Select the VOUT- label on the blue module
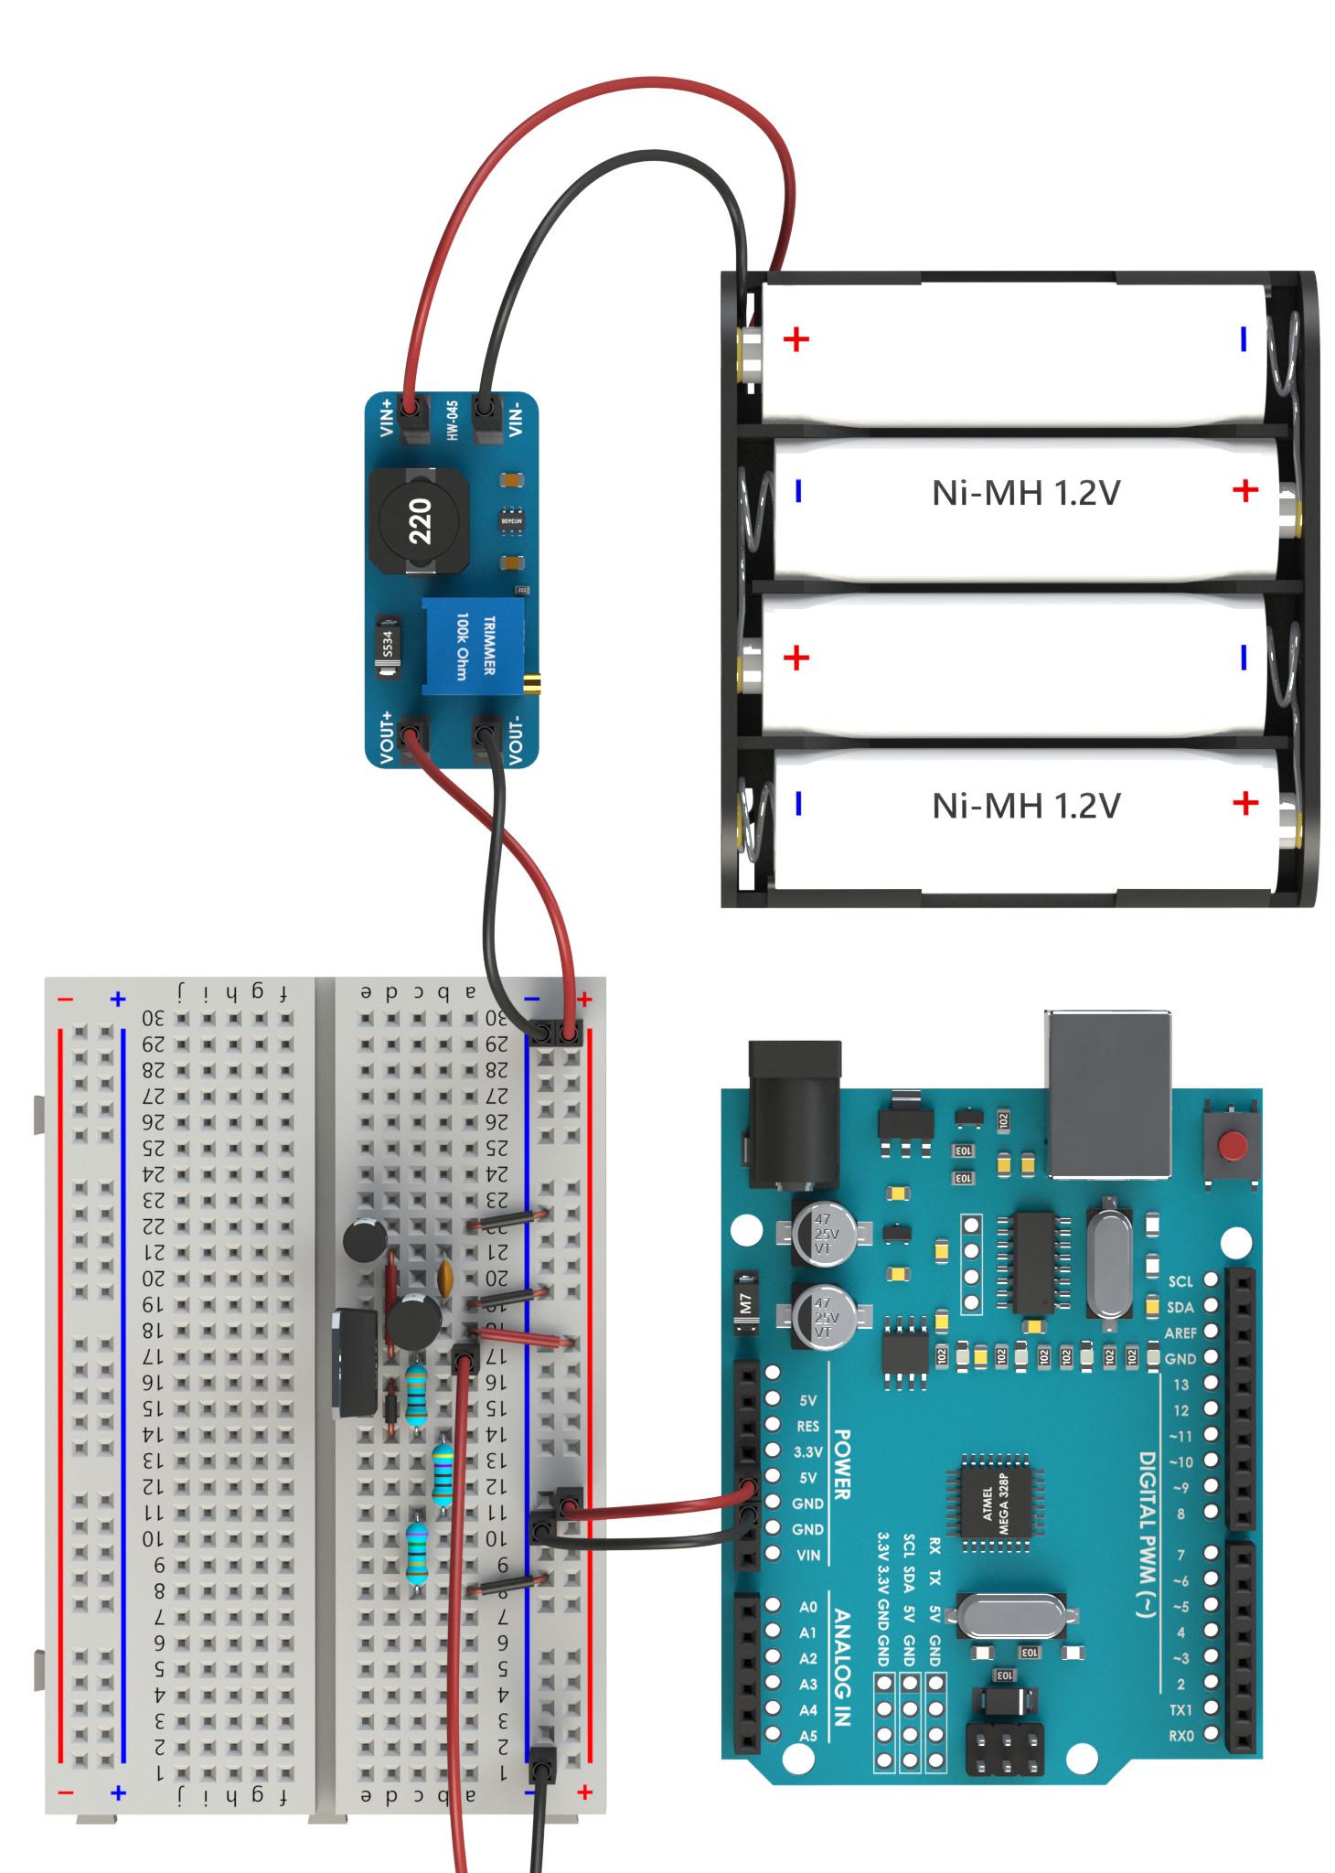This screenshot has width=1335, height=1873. point(515,740)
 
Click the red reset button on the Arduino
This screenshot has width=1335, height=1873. point(1234,1144)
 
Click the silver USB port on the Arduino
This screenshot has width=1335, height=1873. point(1109,1092)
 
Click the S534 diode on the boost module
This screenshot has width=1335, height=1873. point(387,648)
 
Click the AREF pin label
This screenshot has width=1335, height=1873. point(1180,1333)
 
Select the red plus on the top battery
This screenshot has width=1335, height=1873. point(796,340)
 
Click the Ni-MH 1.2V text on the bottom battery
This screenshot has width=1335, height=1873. point(1025,806)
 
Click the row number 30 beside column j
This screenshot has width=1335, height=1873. point(155,1018)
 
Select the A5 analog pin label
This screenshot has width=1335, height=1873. point(808,1735)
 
